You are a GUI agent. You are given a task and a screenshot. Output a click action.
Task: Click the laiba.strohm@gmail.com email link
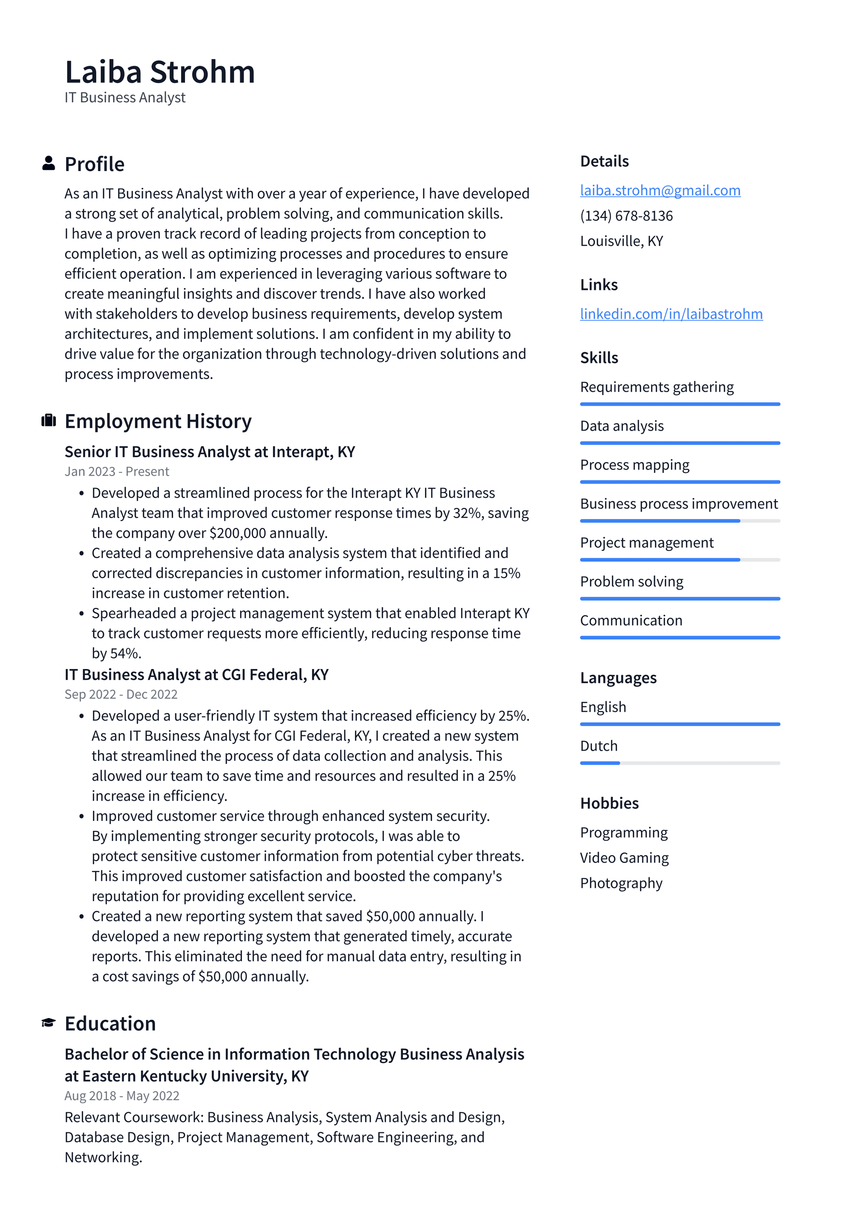pos(660,190)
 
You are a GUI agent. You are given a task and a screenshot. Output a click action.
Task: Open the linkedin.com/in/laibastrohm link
pos(671,314)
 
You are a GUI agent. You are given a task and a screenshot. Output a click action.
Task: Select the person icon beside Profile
pos(48,163)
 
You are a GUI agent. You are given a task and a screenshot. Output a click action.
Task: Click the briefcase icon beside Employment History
pos(48,420)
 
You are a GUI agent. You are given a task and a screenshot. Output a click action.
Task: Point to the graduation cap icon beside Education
pos(48,1023)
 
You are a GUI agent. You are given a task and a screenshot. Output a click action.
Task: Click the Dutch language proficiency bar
pos(679,763)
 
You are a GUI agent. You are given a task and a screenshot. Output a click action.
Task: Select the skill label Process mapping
pos(634,465)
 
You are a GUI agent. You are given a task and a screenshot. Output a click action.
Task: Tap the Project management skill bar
pos(679,560)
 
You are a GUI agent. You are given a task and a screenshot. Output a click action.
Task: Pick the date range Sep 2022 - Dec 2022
pos(121,694)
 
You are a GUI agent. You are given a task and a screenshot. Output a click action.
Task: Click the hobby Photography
pos(621,883)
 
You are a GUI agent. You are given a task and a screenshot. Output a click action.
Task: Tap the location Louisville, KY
pos(621,241)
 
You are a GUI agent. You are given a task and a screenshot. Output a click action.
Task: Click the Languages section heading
pos(618,678)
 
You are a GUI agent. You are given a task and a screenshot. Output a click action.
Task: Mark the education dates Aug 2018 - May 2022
pos(122,1096)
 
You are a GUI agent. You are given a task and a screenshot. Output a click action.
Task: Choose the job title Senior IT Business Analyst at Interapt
pos(209,452)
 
